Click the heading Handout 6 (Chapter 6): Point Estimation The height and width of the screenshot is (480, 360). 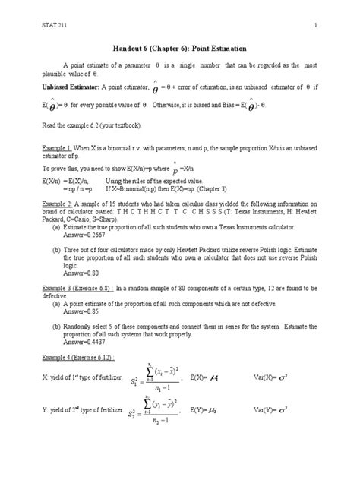(x=179, y=47)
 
